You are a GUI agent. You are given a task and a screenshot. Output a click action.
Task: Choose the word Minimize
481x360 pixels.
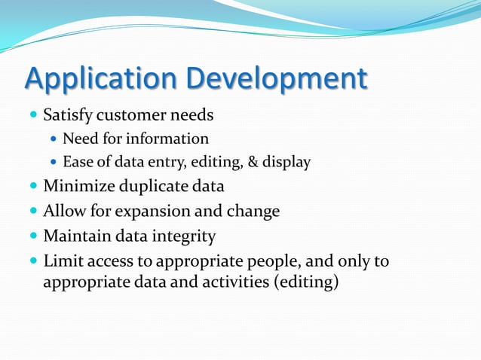(x=75, y=186)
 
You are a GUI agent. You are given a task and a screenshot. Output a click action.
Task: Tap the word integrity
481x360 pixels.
(x=185, y=236)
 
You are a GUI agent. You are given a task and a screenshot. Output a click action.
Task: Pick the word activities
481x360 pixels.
(x=222, y=283)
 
